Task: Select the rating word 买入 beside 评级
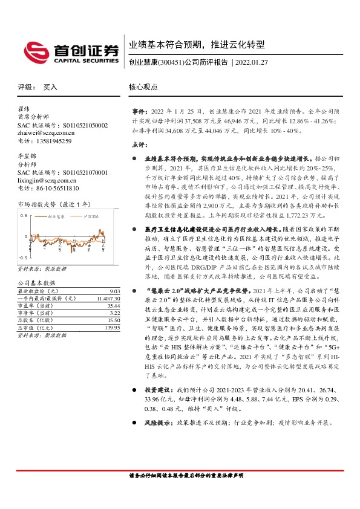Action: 50,87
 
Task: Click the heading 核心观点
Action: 143,87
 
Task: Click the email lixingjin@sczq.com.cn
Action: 48,180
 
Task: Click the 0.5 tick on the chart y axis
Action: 24,215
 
